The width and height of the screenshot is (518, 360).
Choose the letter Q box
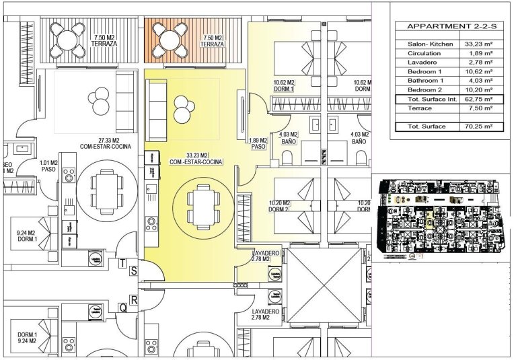click(x=123, y=308)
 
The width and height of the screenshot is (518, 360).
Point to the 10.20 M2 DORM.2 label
click(x=276, y=206)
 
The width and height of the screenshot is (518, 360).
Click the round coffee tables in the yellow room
click(x=182, y=108)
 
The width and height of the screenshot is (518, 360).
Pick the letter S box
click(x=135, y=271)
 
